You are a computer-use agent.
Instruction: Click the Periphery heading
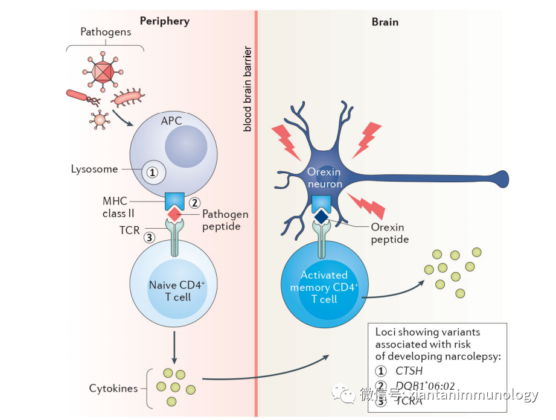[x=164, y=21]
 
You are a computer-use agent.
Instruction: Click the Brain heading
[x=385, y=22]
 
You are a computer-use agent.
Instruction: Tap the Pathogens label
[x=105, y=33]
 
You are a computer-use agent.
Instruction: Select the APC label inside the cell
[x=171, y=121]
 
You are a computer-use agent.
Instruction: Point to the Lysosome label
[x=94, y=169]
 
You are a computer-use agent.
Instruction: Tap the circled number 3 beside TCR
[x=149, y=237]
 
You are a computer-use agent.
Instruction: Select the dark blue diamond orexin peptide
[x=321, y=215]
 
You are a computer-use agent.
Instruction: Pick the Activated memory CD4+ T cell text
[x=324, y=287]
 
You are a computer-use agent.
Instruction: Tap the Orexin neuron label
[x=324, y=177]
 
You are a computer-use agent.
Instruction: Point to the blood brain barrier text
[x=248, y=87]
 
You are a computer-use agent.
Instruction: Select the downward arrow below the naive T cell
[x=174, y=346]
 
